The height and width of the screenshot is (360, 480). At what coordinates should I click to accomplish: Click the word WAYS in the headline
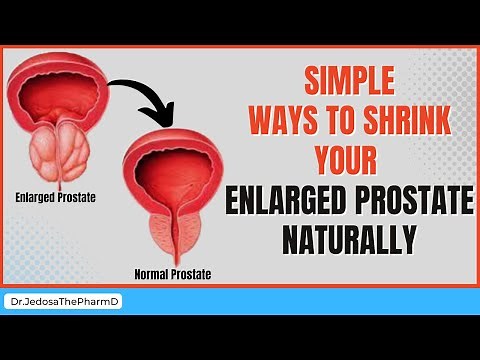[x=276, y=118]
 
